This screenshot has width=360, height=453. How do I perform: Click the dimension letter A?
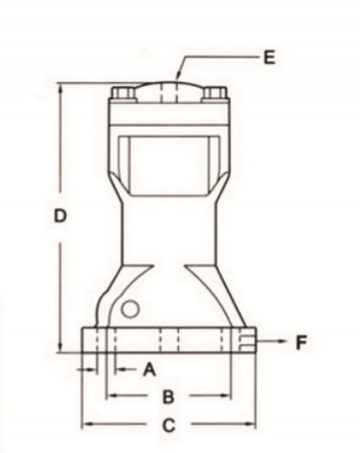click(x=149, y=369)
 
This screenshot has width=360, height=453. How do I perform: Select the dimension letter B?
click(x=168, y=396)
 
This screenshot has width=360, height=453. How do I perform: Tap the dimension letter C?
click(x=168, y=425)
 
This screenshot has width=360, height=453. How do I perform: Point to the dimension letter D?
click(x=60, y=215)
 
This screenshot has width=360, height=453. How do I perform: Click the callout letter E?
click(x=270, y=58)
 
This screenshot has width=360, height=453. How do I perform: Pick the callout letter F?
click(x=301, y=341)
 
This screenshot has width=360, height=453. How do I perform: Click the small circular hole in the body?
click(x=130, y=309)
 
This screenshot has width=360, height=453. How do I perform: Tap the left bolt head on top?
click(x=123, y=92)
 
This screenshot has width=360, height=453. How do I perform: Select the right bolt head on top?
click(x=215, y=92)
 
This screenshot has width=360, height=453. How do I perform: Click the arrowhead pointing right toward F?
click(x=281, y=340)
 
